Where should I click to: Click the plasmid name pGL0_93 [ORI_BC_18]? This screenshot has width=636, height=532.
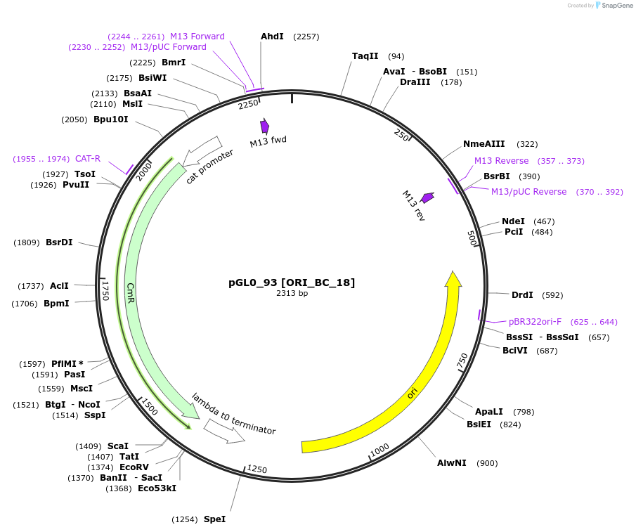click(292, 283)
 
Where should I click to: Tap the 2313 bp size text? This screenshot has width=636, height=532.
click(292, 293)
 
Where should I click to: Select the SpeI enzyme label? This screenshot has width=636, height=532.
click(214, 519)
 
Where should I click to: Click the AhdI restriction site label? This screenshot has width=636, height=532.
click(272, 36)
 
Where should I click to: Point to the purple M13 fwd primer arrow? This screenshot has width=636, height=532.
click(264, 126)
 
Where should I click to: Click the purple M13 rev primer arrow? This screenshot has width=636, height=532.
click(427, 198)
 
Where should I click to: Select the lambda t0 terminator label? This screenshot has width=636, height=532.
click(233, 414)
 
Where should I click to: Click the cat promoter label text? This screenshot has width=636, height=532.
click(209, 166)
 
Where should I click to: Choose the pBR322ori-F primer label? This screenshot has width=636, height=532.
click(535, 322)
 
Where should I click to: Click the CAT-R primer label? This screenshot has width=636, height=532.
click(88, 159)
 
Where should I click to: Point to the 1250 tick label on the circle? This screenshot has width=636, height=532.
click(257, 469)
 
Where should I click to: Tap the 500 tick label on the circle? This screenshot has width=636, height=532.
click(472, 239)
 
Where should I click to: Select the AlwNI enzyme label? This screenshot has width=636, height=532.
click(452, 463)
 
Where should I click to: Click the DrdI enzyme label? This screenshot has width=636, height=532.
click(522, 295)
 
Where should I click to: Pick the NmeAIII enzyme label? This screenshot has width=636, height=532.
click(484, 144)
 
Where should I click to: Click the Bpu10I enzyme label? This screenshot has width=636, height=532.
click(111, 119)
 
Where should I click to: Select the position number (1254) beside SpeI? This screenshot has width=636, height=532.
click(186, 519)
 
